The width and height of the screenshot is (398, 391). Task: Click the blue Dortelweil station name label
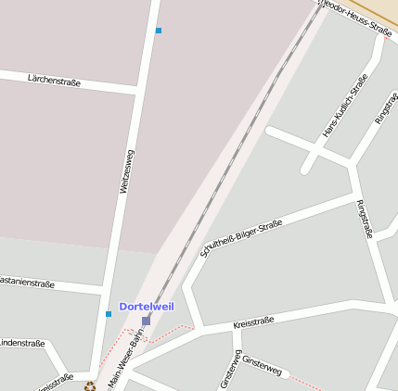tap(146, 307)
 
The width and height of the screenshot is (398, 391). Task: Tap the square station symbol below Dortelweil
tap(146, 321)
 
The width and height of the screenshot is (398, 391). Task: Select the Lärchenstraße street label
tap(54, 82)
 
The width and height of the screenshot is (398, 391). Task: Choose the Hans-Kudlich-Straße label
tap(345, 106)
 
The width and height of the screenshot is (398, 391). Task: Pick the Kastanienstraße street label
tap(26, 282)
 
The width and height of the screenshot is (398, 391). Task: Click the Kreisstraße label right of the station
tap(253, 322)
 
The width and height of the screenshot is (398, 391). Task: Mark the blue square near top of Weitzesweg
tap(159, 31)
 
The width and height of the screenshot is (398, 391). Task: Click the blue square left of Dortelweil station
tap(109, 314)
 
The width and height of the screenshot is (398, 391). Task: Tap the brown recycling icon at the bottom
tap(90, 385)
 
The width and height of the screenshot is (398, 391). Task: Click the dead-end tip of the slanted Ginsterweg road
tap(286, 374)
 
